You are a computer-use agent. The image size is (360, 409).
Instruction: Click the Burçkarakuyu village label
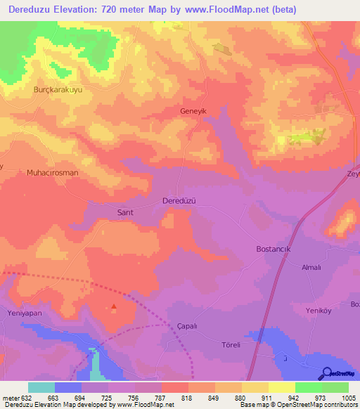[59, 91]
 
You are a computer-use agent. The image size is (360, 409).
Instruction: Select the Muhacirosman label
[52, 172]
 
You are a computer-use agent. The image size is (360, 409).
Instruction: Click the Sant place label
[124, 211]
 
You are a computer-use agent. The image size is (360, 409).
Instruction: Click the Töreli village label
[230, 345]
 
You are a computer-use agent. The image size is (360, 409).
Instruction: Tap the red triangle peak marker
[115, 306]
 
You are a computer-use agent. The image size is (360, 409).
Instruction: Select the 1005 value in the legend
[348, 397]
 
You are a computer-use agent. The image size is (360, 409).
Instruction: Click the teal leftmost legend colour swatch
[41, 387]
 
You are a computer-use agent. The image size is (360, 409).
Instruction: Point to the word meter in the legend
[11, 397]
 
